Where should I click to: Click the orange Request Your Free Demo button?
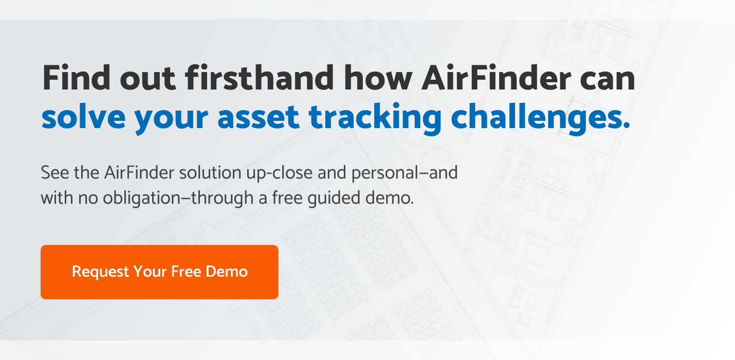pos(159,272)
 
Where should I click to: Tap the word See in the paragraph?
pos(53,173)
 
